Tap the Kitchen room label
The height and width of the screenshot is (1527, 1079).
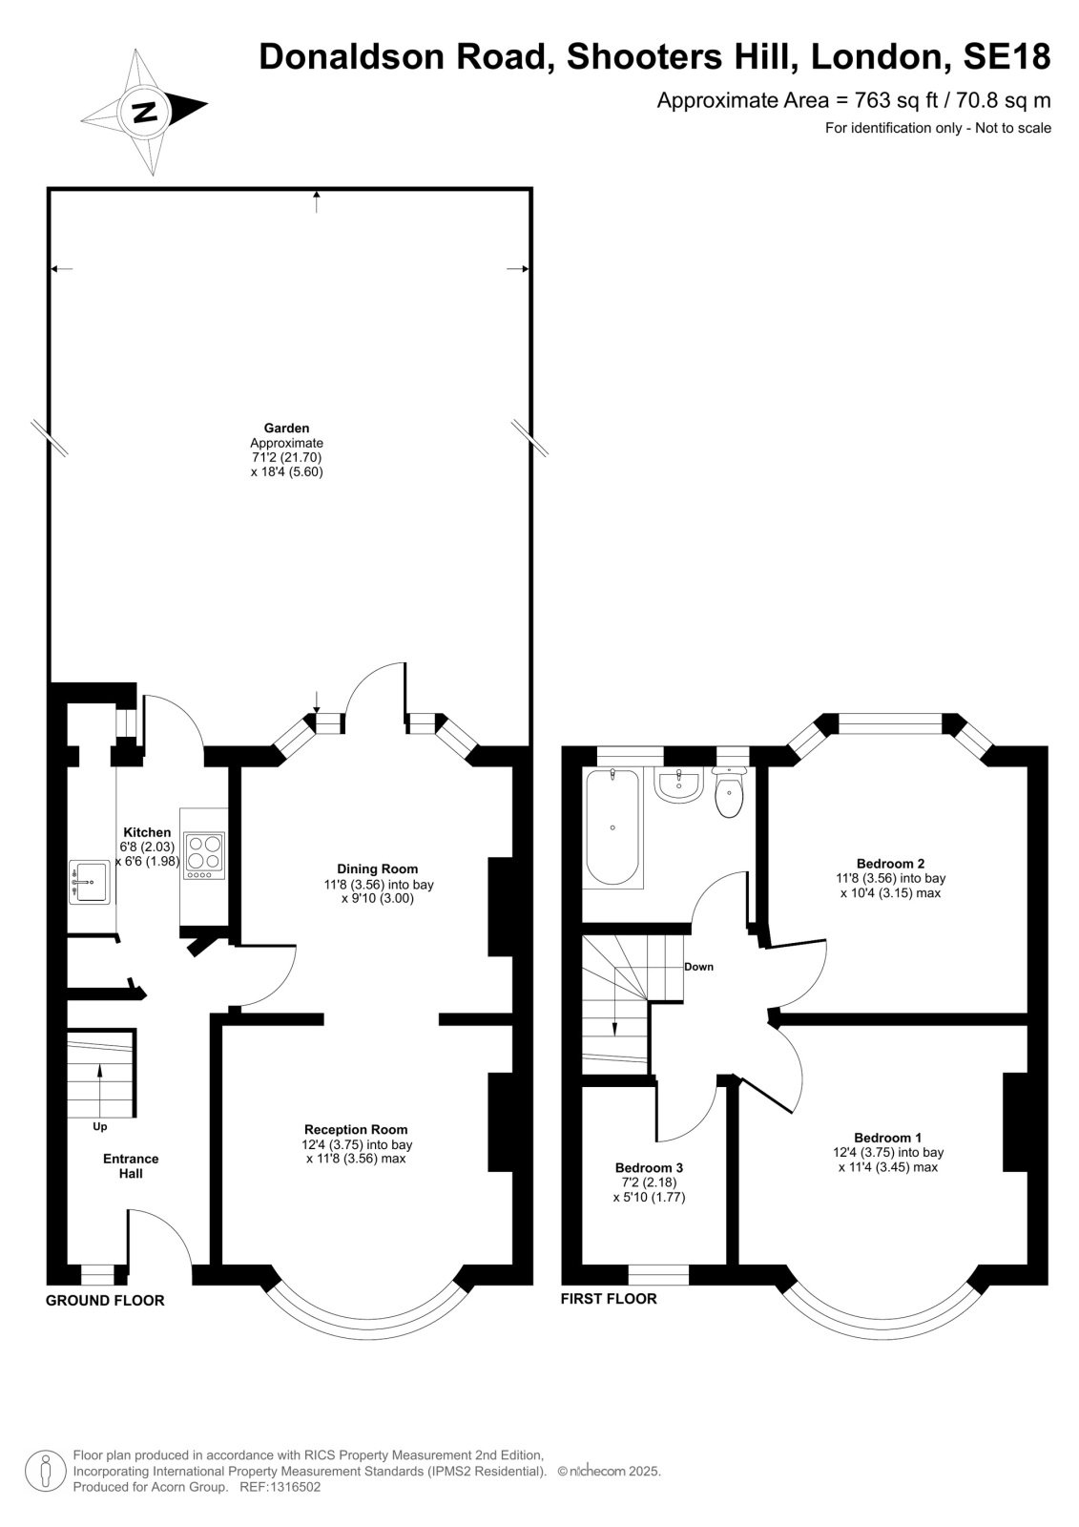coord(147,832)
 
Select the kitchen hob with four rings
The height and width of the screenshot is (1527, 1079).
coord(204,855)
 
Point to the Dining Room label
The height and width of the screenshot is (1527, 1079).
coord(378,869)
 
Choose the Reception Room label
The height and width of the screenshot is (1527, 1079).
coord(356,1130)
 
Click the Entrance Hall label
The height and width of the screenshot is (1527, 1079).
coord(131,1165)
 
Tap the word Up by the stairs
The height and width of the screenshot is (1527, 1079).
coord(100,1127)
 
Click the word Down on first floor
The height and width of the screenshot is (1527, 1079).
coord(698,967)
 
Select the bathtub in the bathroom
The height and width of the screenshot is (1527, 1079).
coord(613,826)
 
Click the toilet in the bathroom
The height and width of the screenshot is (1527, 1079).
coord(729,791)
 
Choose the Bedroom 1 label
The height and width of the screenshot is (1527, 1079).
coord(888,1138)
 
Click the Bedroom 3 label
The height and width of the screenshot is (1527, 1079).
coord(649,1168)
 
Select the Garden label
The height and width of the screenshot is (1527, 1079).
coord(287,429)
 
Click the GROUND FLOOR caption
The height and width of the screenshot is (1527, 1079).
coord(105,1301)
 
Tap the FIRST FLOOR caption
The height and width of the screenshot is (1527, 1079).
coord(609,1299)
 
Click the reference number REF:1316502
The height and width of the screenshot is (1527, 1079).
coord(280,1487)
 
